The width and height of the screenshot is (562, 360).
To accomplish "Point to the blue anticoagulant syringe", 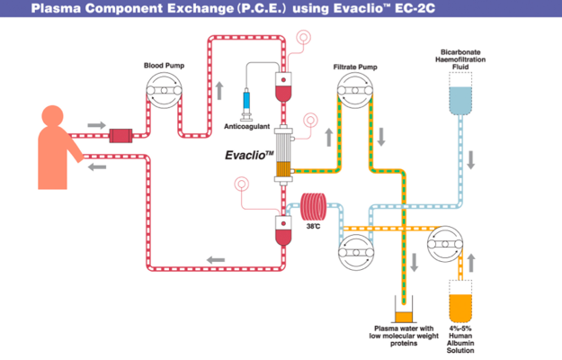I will [247, 104].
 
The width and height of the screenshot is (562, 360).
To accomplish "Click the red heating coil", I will [316, 209].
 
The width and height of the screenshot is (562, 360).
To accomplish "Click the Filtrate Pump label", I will [355, 66].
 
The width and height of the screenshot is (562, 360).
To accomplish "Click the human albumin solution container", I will [460, 307].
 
